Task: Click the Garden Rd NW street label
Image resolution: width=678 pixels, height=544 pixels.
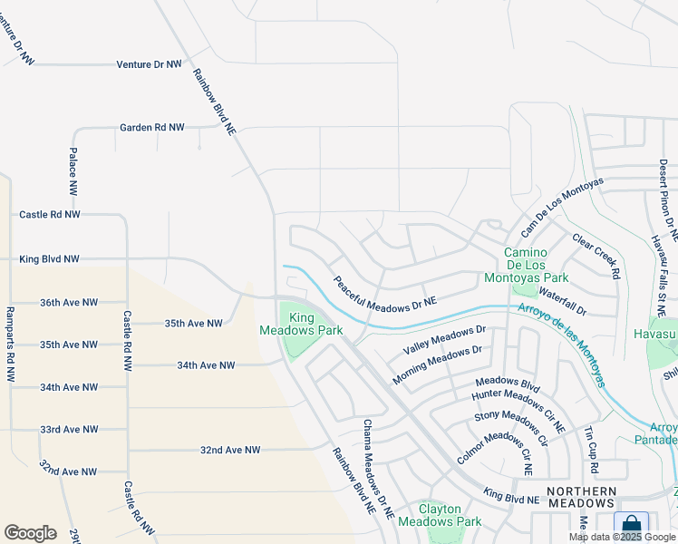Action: point(151,128)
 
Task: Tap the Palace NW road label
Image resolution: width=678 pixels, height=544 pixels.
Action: point(73,171)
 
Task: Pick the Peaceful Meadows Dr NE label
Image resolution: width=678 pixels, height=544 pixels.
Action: point(384,291)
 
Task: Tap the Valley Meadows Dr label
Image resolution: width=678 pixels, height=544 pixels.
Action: point(445,341)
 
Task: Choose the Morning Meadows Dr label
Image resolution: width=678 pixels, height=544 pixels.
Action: point(436,364)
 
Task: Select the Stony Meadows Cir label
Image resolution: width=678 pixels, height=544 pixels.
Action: point(512,428)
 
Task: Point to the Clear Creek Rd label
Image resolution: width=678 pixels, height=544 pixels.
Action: point(596,256)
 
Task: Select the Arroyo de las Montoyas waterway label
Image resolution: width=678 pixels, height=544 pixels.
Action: point(562,345)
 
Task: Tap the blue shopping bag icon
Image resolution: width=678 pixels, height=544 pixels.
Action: point(631,526)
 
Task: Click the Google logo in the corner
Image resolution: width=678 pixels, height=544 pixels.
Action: point(30,533)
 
